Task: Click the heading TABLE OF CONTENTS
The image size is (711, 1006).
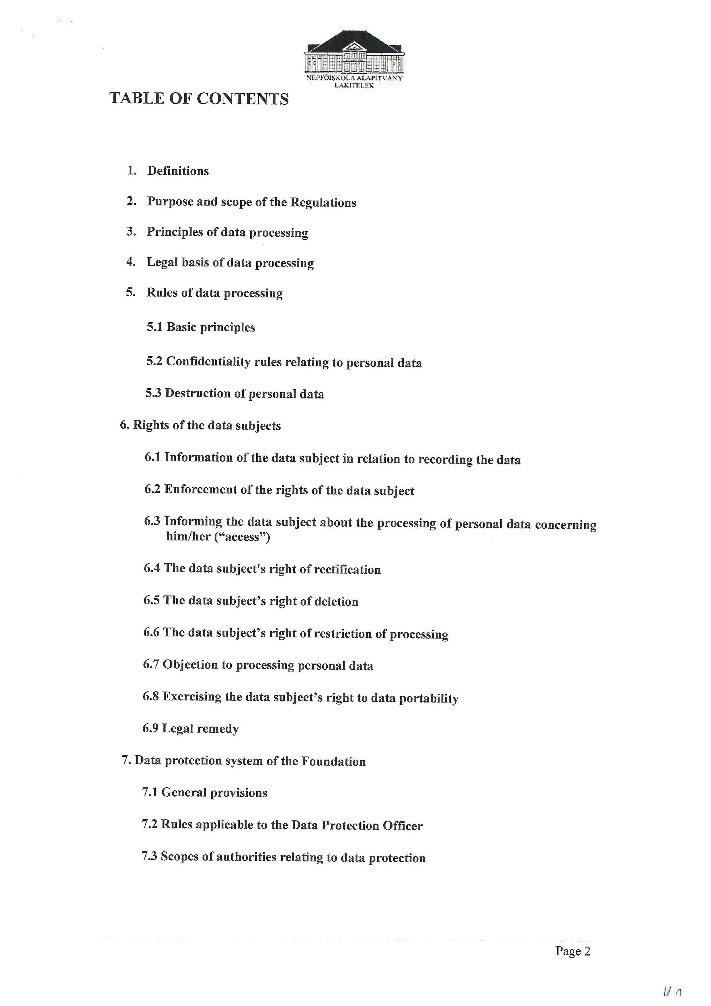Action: pos(199,99)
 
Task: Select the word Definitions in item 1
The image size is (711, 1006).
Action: pos(178,171)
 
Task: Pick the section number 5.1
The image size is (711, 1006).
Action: pos(154,327)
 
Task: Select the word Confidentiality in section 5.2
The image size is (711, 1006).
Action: pos(208,361)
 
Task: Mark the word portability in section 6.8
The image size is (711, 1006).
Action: pos(429,698)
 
